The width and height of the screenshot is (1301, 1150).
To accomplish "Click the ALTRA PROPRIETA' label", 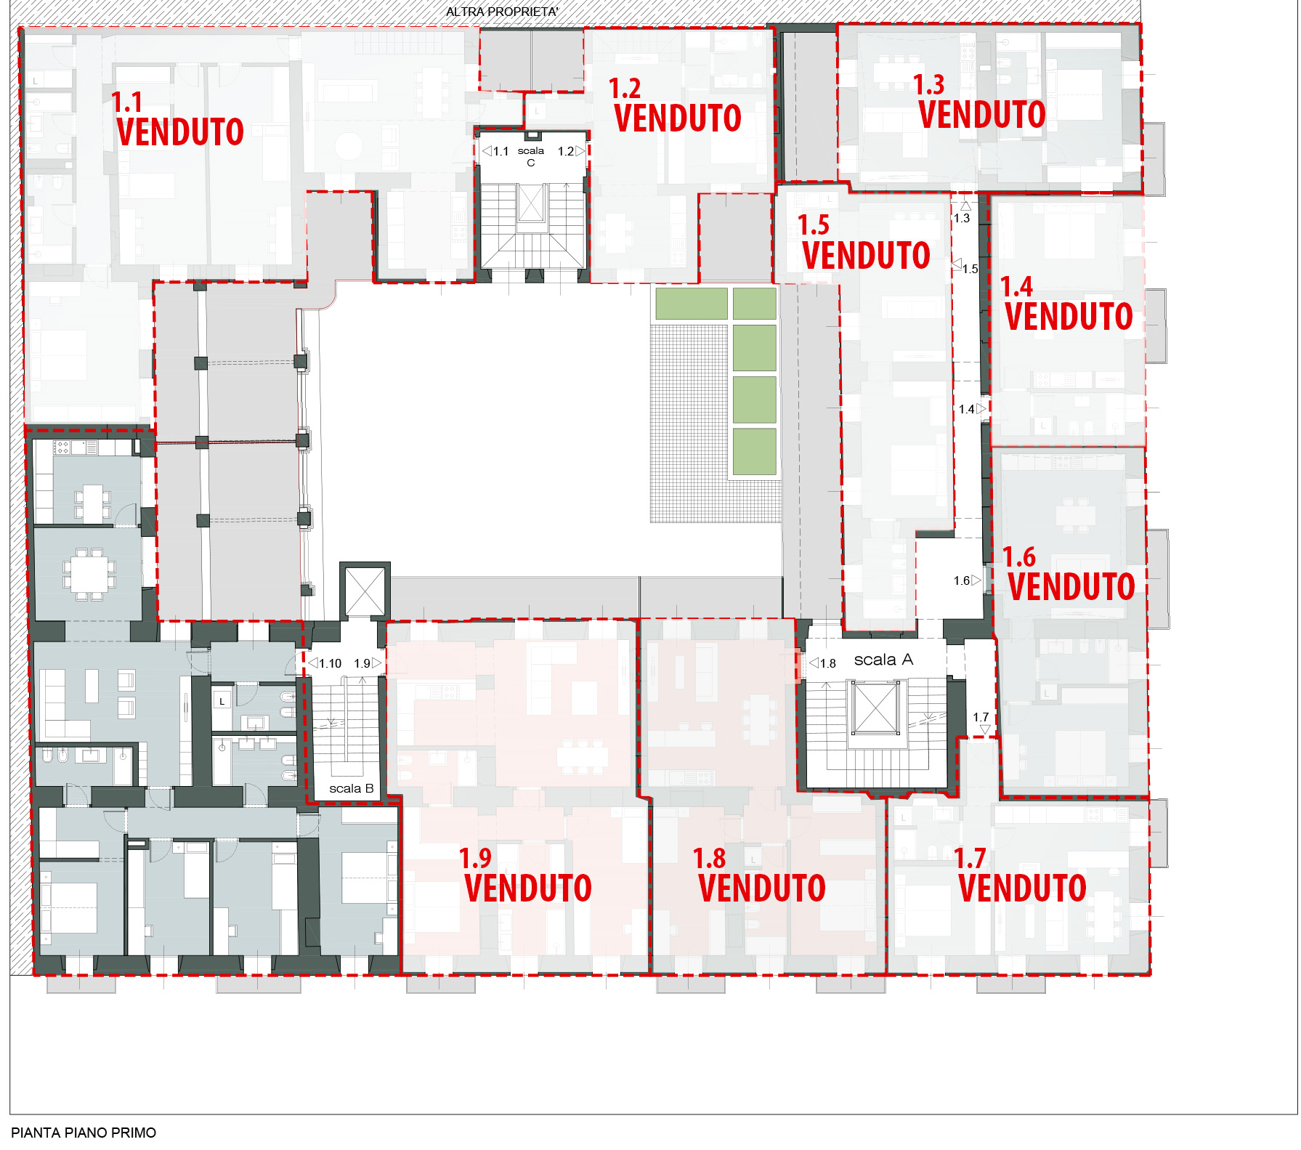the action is coord(502,12).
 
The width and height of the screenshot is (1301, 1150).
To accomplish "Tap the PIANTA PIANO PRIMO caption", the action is coord(84,1133).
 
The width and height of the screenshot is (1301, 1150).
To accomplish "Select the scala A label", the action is coord(883,660).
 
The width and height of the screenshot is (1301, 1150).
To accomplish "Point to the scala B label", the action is coord(352,788).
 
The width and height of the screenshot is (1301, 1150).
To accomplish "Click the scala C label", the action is coord(531,156).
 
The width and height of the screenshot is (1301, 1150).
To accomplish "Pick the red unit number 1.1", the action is coord(126,102).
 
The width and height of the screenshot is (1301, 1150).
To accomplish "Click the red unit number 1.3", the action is coord(928,85).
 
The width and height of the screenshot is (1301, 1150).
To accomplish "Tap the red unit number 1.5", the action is coord(813,225).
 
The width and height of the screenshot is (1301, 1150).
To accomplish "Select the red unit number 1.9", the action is coord(475,859).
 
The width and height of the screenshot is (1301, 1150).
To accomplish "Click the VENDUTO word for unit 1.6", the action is coord(1071,586).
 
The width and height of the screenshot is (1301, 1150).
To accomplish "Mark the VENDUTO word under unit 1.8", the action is coord(762,888).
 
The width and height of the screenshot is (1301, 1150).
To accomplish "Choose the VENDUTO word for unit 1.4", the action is coord(1069,316).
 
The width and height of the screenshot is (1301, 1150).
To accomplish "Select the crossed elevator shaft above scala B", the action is coord(365,591).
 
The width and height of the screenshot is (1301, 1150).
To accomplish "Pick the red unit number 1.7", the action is coord(969,859).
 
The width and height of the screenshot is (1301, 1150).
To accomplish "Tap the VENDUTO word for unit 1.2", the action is coord(678,118).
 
